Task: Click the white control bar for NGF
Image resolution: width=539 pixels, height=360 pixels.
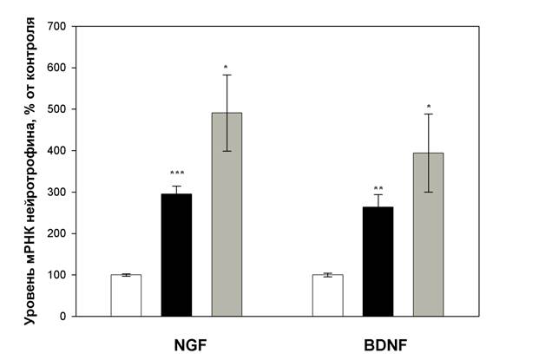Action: coord(126,296)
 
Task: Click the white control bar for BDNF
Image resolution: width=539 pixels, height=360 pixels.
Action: coord(327,296)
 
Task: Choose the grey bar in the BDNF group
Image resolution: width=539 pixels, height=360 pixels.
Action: coord(428,234)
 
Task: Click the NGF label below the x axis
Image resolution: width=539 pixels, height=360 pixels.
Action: coord(189,342)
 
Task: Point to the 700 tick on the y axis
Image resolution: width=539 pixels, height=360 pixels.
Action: coord(57,26)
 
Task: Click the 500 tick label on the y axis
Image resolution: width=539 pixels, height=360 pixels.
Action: coord(57,109)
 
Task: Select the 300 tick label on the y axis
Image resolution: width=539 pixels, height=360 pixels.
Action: coord(57,192)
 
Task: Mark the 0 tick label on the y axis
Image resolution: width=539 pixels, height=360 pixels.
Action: coord(64,317)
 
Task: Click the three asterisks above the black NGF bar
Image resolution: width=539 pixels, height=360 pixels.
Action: coord(176,174)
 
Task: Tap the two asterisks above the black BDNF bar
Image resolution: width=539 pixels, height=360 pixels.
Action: coord(378,189)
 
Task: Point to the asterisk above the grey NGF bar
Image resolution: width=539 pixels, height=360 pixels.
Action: coord(227,67)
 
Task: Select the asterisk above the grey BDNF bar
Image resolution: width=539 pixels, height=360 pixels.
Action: coord(428,108)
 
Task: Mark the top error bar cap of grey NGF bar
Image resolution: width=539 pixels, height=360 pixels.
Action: coord(227,75)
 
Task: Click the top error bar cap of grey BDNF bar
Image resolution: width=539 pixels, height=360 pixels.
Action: coord(428,115)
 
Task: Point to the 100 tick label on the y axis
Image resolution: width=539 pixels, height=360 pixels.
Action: coord(57,275)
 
